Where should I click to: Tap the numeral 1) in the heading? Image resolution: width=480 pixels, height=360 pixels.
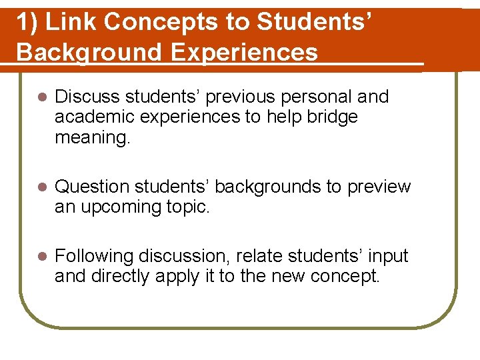pos(26,23)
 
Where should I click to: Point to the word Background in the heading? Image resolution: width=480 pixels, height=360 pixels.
pos(89,52)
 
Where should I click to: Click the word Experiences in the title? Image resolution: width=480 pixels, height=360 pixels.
pos(244,52)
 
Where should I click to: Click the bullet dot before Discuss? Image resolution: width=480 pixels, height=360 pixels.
pos(40,97)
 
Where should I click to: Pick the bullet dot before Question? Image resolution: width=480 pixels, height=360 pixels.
pos(40,187)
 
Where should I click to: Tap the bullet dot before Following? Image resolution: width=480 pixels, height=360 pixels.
pos(40,257)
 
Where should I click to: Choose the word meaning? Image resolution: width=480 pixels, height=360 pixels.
pos(93,137)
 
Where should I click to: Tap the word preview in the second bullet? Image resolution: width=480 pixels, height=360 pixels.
pos(379,187)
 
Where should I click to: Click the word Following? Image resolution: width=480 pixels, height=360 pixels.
pos(93,257)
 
